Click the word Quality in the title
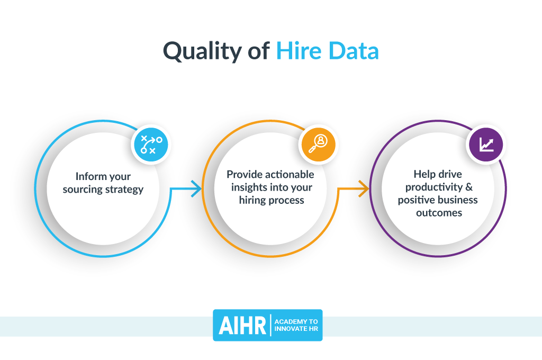(x=202, y=52)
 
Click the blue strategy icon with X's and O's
(x=151, y=145)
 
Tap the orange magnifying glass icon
(x=318, y=145)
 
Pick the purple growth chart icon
(x=486, y=145)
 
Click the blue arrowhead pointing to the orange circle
(x=197, y=189)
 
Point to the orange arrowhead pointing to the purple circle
(x=364, y=189)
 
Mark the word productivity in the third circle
(x=434, y=187)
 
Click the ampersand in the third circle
(x=469, y=187)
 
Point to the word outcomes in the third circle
(x=439, y=213)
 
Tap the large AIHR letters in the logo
(x=242, y=326)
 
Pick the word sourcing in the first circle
(x=83, y=190)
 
